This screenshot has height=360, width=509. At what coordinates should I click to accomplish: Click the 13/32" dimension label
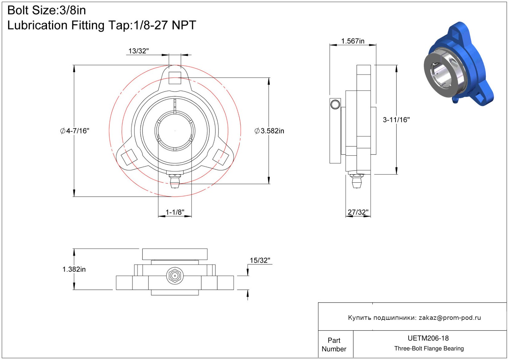pos(139,51)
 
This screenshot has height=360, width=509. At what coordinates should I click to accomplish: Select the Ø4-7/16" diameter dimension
pos(75,131)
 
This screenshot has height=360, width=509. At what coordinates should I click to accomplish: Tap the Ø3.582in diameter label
pos(269,131)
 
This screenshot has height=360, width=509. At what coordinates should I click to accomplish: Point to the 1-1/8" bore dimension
pos(175,212)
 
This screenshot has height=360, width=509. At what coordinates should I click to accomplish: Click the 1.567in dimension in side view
pos(353,41)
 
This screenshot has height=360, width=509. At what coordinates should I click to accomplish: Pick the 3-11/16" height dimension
pos(396,120)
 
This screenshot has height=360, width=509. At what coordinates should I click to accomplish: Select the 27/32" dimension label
pos(358,212)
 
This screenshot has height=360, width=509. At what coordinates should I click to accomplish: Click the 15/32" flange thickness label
pos(260,260)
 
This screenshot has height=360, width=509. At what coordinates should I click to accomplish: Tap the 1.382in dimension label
pos(74,269)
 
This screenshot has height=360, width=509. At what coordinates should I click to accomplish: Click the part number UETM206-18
pos(428,338)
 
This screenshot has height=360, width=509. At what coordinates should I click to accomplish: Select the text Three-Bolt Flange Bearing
pos(429,348)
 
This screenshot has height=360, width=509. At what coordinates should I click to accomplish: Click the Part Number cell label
pos(334,345)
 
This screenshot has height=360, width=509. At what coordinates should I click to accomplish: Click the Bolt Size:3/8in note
pos(47,10)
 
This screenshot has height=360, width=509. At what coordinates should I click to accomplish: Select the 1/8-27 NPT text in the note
pos(165,25)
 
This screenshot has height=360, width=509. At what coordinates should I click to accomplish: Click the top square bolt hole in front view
pos(175,78)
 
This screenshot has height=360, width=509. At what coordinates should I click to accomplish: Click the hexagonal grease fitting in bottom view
pos(175,276)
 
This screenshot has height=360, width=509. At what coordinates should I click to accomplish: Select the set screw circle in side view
pos(335,104)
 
